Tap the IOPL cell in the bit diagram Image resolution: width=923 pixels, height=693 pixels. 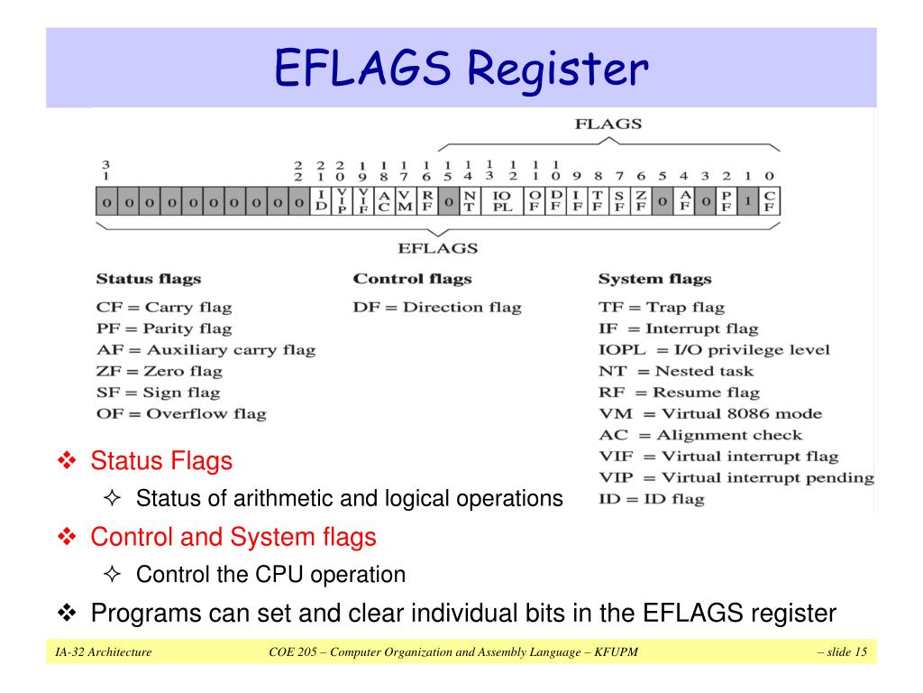click(x=502, y=201)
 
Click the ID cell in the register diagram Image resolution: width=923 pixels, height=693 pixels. click(x=322, y=201)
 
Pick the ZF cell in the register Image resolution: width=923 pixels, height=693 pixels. click(x=641, y=201)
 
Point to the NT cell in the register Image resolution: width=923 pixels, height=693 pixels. click(x=469, y=201)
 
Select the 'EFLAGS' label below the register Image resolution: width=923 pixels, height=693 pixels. click(x=437, y=248)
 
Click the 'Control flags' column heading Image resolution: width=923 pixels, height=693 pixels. click(x=412, y=279)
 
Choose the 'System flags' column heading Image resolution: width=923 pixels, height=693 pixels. click(x=654, y=279)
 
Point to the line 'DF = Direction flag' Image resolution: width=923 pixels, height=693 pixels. click(x=437, y=307)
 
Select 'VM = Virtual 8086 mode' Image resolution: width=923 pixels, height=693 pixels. click(x=710, y=413)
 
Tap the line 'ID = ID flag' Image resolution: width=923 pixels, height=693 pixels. click(x=652, y=498)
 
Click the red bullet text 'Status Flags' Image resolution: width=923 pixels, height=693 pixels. click(x=161, y=461)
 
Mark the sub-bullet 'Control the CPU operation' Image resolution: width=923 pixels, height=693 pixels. click(x=270, y=574)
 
